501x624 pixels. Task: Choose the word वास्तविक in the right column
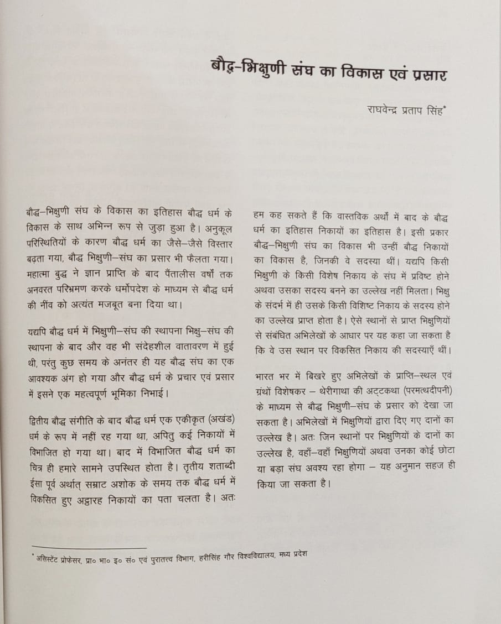(343, 214)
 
